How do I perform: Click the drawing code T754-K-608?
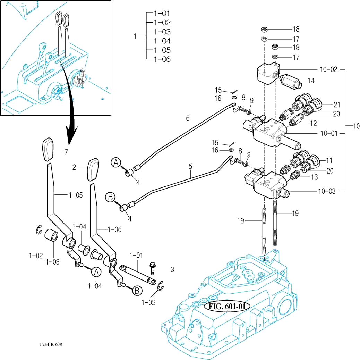[x=51, y=344]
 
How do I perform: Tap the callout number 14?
[x=311, y=81]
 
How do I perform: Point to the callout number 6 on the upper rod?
[x=188, y=118]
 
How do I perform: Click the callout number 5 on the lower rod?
[x=190, y=166]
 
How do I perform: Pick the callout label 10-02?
[x=328, y=69]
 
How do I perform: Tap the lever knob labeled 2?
[x=93, y=169]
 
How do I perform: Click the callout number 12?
[x=313, y=123]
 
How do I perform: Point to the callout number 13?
[x=314, y=177]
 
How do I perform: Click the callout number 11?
[x=329, y=161]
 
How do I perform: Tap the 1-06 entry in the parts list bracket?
[x=162, y=59]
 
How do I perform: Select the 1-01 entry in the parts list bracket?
[x=162, y=14]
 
